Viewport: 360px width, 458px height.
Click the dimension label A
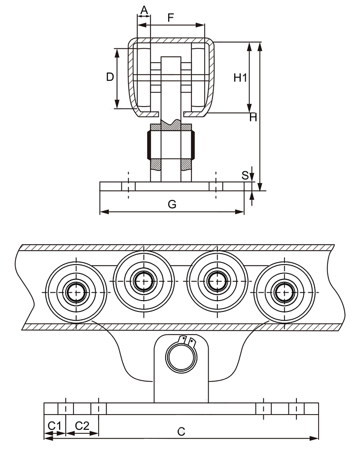(144, 10)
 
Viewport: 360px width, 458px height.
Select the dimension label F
(171, 18)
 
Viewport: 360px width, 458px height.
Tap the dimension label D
(110, 76)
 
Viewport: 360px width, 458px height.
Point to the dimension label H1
(240, 77)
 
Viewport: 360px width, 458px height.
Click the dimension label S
(245, 175)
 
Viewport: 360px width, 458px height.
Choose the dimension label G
(172, 204)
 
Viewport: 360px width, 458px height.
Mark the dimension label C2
(82, 425)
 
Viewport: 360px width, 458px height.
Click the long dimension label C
(181, 431)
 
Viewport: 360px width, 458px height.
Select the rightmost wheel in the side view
(285, 292)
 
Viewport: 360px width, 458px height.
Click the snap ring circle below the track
(180, 356)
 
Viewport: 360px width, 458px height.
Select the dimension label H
(253, 117)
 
